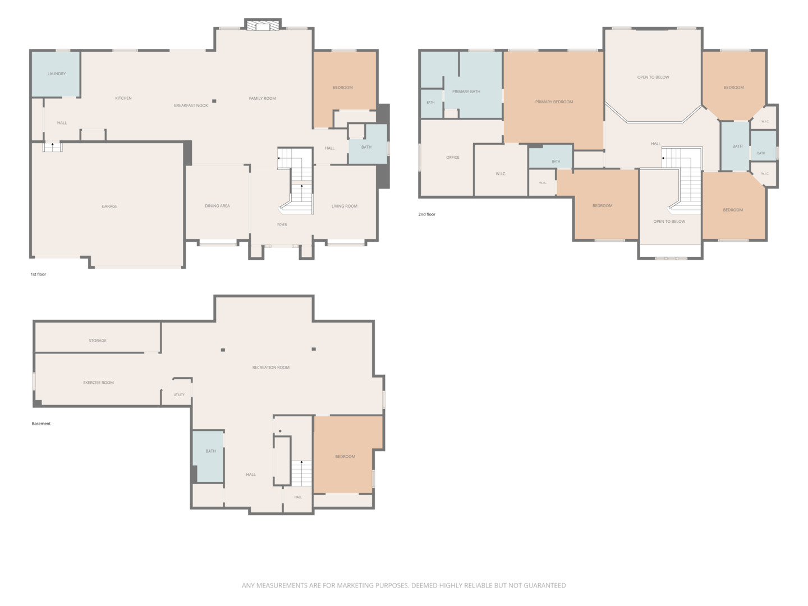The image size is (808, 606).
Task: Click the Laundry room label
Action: pyautogui.click(x=57, y=74)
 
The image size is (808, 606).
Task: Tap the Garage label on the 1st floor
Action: pyautogui.click(x=109, y=206)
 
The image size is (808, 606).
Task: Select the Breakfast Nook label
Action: pyautogui.click(x=191, y=105)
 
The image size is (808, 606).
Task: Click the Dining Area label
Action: pyautogui.click(x=217, y=206)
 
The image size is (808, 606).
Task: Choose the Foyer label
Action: pyautogui.click(x=282, y=225)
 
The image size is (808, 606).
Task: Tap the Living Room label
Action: pyautogui.click(x=344, y=206)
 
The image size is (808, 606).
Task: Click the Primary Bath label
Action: pyautogui.click(x=466, y=91)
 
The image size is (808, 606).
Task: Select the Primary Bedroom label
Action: pyautogui.click(x=554, y=102)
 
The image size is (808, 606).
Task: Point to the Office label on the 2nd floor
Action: pyautogui.click(x=452, y=158)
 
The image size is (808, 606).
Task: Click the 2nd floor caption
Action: pyautogui.click(x=426, y=214)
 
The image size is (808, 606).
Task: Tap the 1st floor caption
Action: pyautogui.click(x=38, y=274)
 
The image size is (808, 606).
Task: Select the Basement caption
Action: pyautogui.click(x=41, y=424)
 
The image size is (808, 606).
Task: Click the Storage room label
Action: pyautogui.click(x=98, y=341)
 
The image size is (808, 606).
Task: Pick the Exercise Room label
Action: pyautogui.click(x=98, y=383)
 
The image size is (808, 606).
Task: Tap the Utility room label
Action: pyautogui.click(x=179, y=395)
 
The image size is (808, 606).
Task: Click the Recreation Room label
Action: pyautogui.click(x=270, y=368)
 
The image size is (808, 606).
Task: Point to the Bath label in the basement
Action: pyautogui.click(x=210, y=451)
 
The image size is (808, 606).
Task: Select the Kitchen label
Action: pyautogui.click(x=123, y=98)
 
